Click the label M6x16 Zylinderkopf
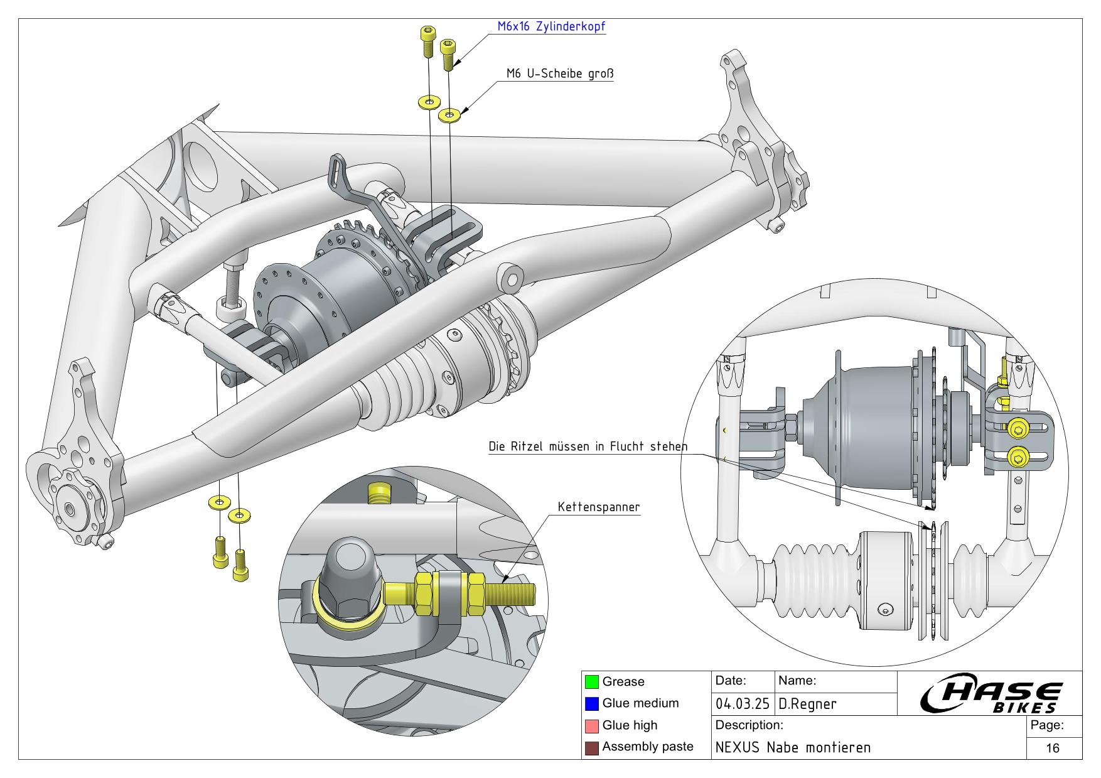click(550, 26)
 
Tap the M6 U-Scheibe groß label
click(559, 73)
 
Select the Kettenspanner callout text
click(599, 507)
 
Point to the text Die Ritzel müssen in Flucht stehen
click(588, 446)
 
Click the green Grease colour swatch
click(591, 681)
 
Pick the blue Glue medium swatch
click(591, 703)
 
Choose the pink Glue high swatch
click(591, 725)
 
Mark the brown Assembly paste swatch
click(591, 747)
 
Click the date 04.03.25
click(743, 704)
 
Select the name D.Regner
click(807, 704)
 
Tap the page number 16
click(1053, 747)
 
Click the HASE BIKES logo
click(991, 696)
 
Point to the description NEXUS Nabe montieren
click(793, 747)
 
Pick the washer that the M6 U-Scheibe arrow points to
click(449, 115)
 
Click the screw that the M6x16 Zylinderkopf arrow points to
click(448, 54)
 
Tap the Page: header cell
click(1046, 725)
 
